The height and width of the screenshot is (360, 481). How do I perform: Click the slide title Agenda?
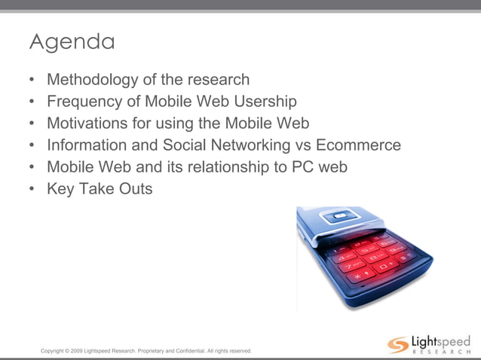72,42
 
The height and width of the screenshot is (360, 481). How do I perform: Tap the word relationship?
222,166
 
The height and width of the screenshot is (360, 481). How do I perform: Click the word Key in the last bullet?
60,188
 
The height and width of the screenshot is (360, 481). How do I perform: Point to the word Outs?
136,188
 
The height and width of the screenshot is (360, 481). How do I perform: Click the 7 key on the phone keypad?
348,266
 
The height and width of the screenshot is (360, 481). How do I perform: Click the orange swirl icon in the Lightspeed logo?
398,346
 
